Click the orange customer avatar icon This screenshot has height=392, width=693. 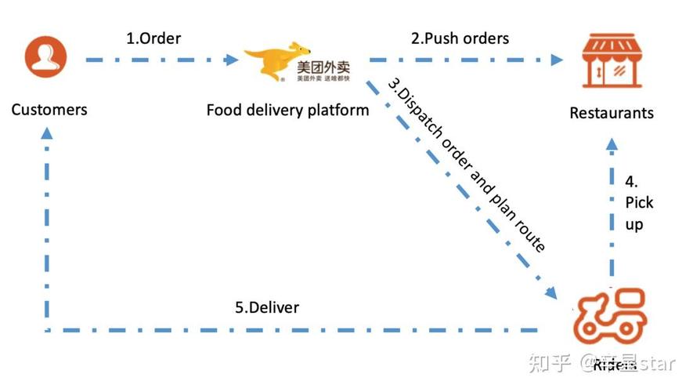[x=46, y=57]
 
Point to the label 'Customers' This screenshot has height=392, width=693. [x=49, y=109]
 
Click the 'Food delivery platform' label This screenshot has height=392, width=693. [x=287, y=110]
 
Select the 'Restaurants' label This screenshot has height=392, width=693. [x=611, y=113]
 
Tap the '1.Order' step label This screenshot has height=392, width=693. [x=153, y=38]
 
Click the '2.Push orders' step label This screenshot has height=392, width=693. [x=460, y=38]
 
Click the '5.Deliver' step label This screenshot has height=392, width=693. [x=266, y=307]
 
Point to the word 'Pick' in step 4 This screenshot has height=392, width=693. [x=639, y=202]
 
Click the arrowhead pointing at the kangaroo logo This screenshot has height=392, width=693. [x=232, y=59]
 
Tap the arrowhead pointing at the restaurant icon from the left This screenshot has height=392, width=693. [x=558, y=59]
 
